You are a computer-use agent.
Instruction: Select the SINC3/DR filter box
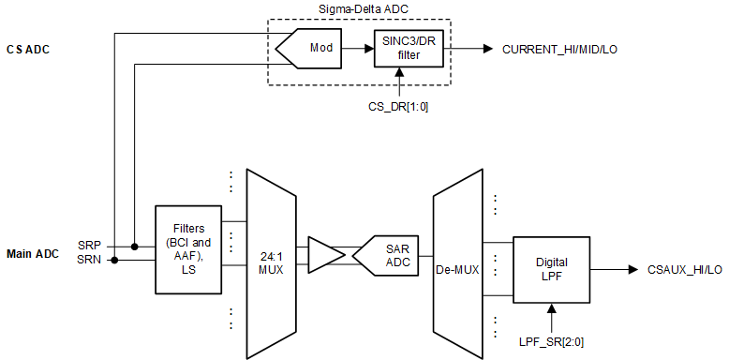[406, 49]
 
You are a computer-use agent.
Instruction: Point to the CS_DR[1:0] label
[398, 108]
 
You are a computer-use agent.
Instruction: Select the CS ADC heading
[27, 49]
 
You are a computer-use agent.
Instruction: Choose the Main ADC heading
[34, 253]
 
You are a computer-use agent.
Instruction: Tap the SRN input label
[89, 261]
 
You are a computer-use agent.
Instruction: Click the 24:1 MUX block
[270, 253]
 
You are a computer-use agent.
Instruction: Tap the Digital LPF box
[551, 269]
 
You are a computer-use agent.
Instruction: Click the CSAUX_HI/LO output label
[684, 269]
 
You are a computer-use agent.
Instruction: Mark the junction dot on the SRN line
[114, 261]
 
